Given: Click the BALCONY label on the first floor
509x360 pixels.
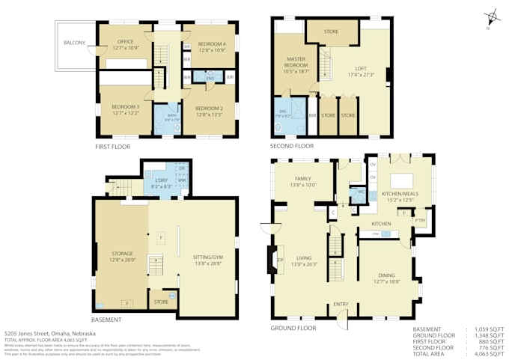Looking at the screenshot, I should click(73, 43).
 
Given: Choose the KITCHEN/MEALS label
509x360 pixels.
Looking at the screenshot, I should click(397, 196).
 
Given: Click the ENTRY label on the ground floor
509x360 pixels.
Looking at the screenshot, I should click(341, 304).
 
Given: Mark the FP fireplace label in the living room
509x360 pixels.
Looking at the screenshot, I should click(281, 260).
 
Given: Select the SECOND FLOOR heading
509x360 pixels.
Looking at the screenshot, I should click(293, 146).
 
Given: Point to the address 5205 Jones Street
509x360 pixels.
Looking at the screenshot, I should click(49, 333).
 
